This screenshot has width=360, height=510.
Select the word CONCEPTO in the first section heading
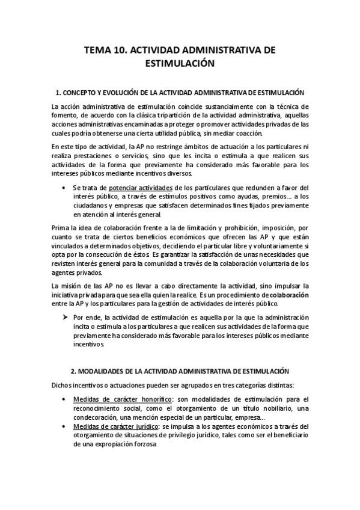tap(82, 93)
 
